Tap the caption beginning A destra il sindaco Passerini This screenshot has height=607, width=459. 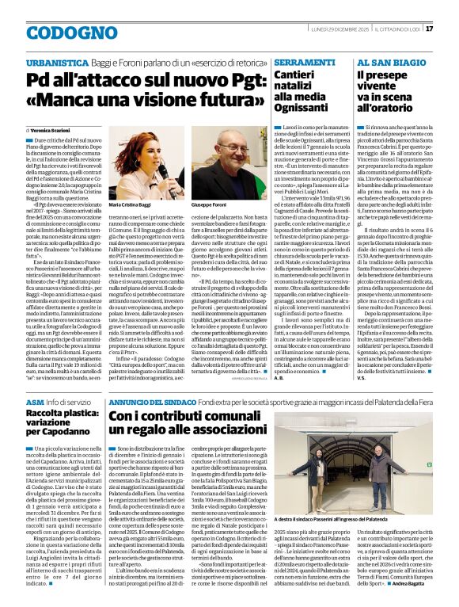click(x=356, y=518)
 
